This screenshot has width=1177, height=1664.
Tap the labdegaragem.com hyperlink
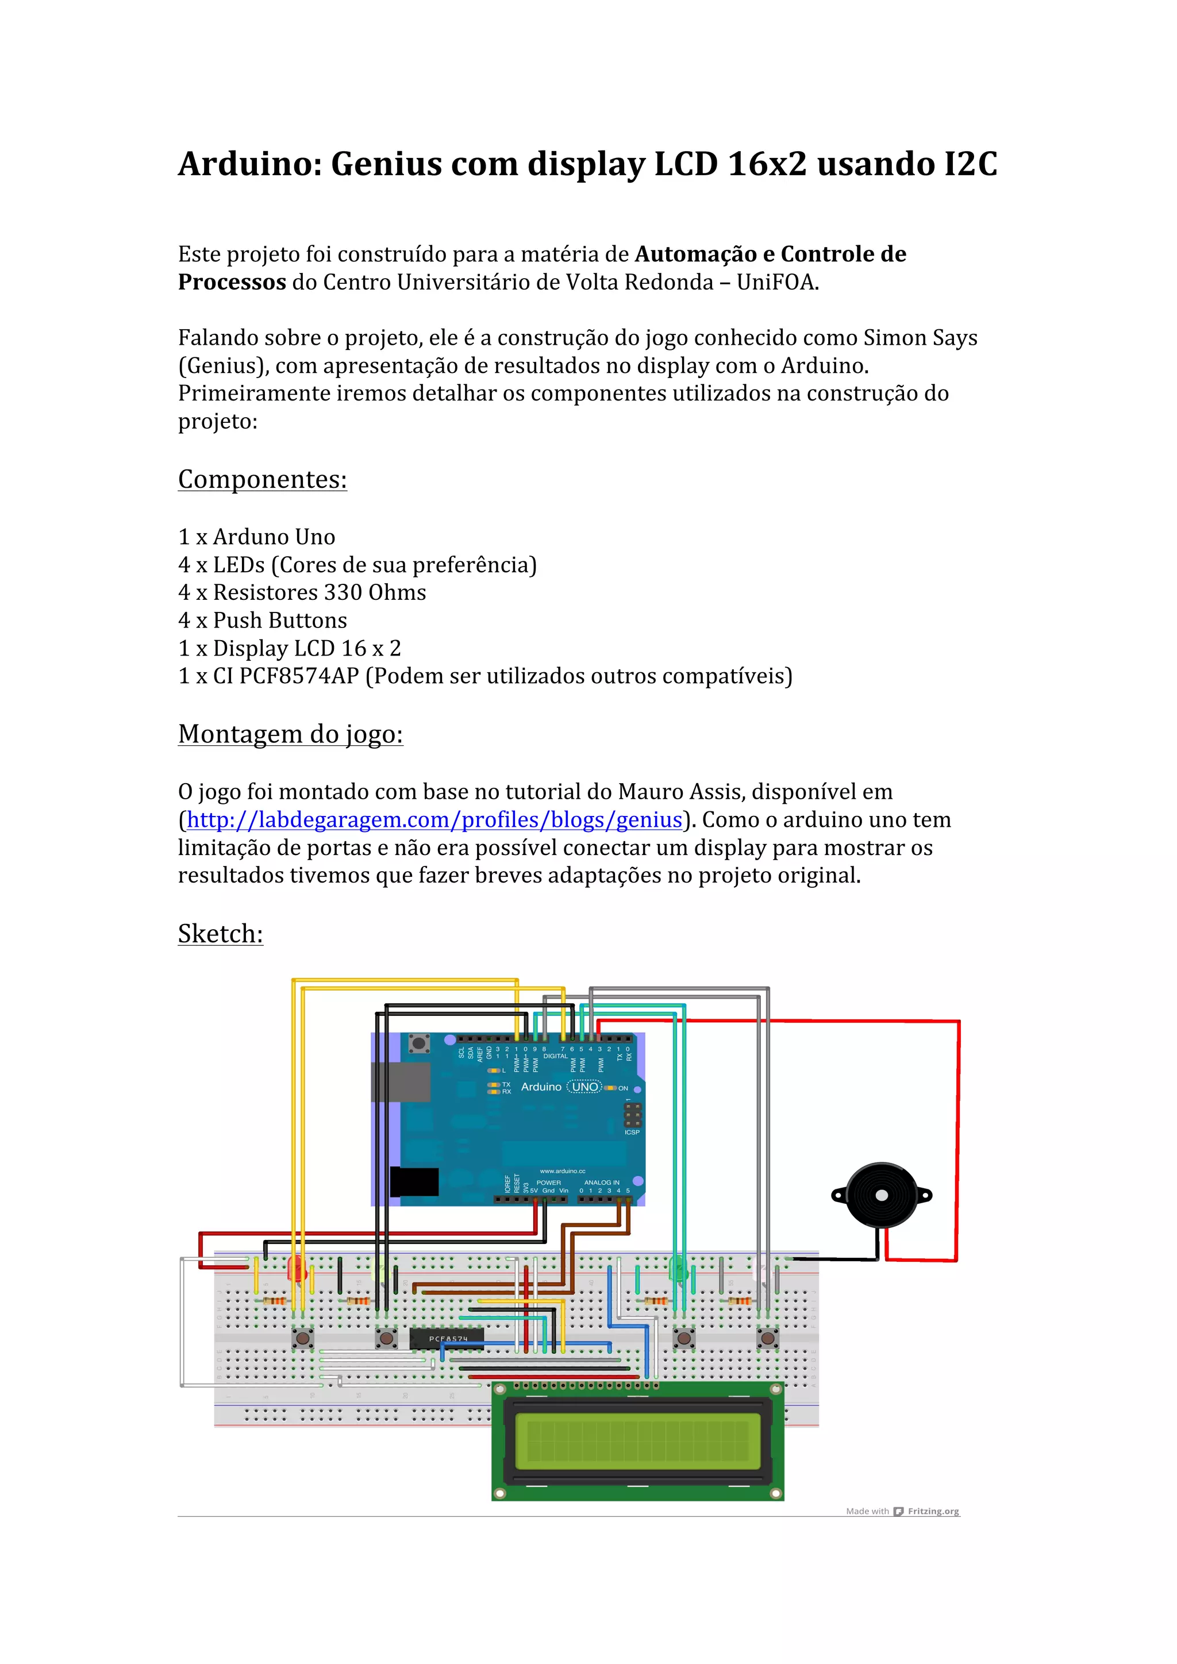tap(434, 820)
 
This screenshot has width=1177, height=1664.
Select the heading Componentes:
tap(263, 480)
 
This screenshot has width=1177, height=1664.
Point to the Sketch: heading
tap(220, 934)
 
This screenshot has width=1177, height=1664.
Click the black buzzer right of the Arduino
tap(881, 1195)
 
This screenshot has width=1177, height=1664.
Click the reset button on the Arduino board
tap(418, 1043)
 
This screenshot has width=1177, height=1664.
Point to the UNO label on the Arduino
tap(585, 1087)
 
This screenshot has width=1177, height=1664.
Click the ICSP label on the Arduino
tap(632, 1132)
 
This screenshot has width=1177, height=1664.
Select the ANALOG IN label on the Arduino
tap(602, 1182)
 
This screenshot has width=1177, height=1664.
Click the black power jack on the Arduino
tap(414, 1182)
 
